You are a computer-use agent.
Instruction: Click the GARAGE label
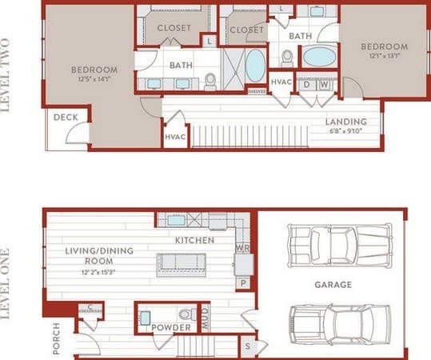[x=333, y=284]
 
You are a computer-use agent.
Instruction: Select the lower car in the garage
[x=340, y=322]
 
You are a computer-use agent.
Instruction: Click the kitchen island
[x=181, y=263]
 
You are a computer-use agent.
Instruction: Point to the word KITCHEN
[x=195, y=240]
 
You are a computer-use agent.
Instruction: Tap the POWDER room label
[x=171, y=328]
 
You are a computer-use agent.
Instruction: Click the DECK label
[x=65, y=118]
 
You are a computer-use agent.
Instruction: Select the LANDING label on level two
[x=346, y=122]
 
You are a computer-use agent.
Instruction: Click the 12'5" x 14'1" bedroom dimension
[x=94, y=78]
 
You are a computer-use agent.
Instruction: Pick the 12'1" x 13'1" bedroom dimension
[x=385, y=56]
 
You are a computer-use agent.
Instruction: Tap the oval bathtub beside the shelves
[x=254, y=66]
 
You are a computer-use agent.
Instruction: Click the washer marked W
[x=325, y=85]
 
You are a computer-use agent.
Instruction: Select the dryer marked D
[x=309, y=85]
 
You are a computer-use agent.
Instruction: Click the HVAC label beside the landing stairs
[x=175, y=137]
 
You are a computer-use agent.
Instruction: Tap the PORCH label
[x=55, y=337]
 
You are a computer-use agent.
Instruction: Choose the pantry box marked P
[x=242, y=282]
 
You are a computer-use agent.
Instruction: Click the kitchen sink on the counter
[x=176, y=219]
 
